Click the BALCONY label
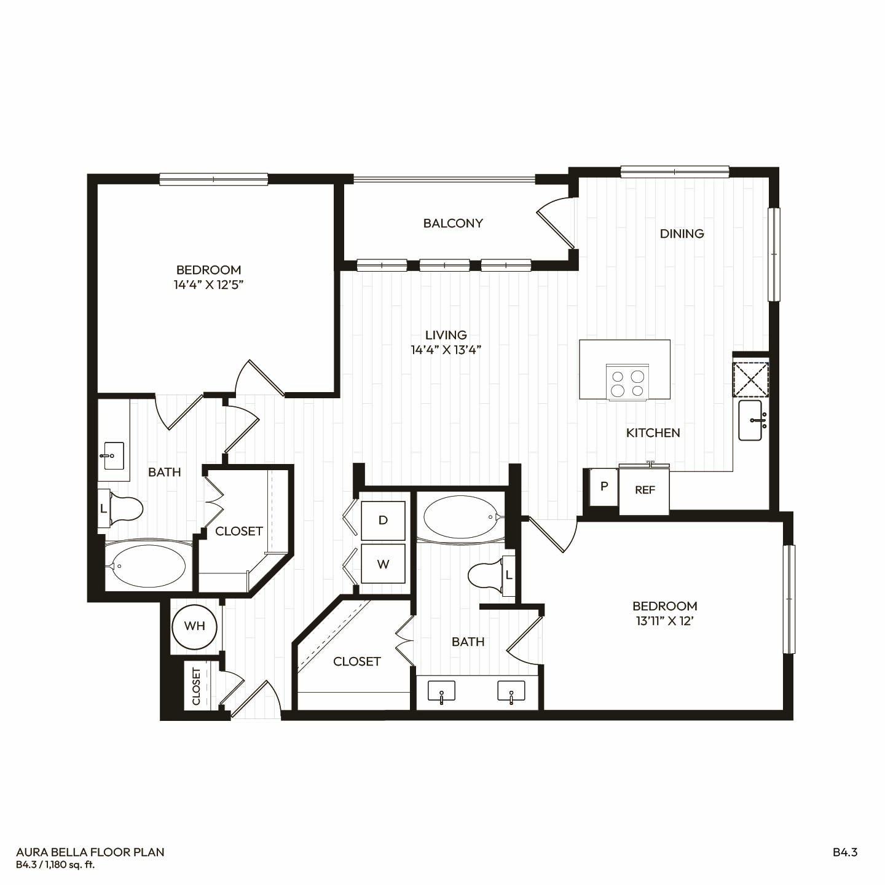pos(453,223)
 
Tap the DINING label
pos(682,234)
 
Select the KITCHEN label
pos(653,433)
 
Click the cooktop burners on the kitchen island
pos(627,383)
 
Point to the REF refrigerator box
pos(644,490)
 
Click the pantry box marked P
pos(604,486)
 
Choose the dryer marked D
pos(383,521)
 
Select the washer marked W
pos(383,564)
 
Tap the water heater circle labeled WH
pos(194,626)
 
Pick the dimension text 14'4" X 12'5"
pos(208,285)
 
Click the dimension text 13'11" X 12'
pos(664,621)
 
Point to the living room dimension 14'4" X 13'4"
pos(446,350)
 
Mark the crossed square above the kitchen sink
pos(750,379)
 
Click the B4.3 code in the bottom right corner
pos(845,852)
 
